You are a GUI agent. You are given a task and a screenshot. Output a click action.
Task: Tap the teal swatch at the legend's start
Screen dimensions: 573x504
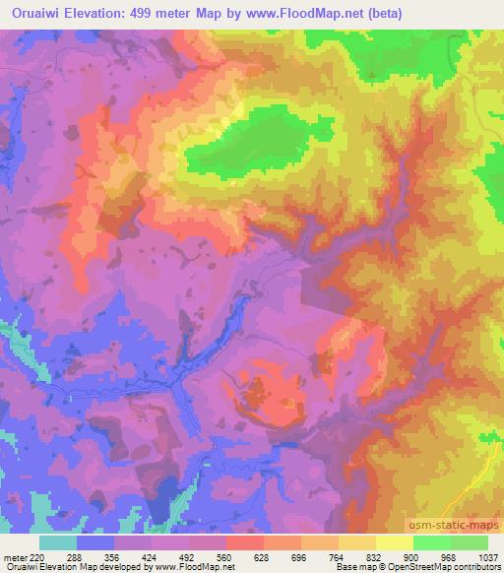tap(58, 542)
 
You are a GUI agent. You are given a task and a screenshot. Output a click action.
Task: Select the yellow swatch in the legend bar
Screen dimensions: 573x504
tap(394, 542)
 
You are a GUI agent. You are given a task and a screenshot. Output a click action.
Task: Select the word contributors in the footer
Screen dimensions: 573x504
tap(477, 568)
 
